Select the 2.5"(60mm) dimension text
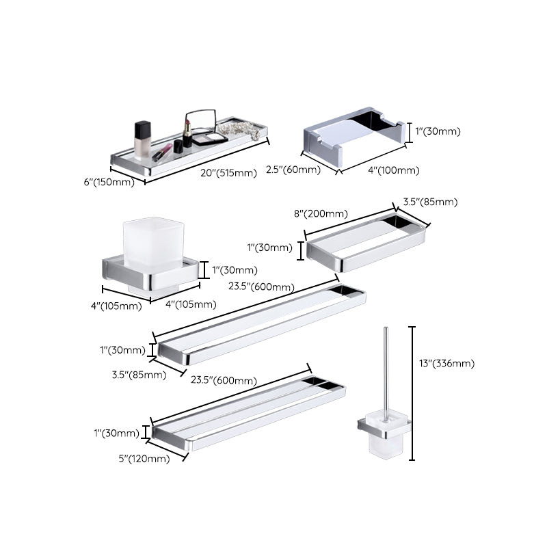[x=293, y=170]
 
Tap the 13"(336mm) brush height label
[x=445, y=363]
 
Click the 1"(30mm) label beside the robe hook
[x=438, y=131]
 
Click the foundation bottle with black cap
[x=142, y=140]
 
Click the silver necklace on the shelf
[x=243, y=133]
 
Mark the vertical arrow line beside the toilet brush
[x=412, y=397]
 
